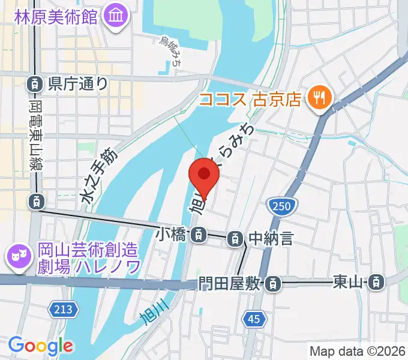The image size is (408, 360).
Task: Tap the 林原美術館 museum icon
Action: click(x=115, y=16)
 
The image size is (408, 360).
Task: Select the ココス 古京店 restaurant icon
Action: click(x=319, y=98)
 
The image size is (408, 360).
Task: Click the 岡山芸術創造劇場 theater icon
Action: click(x=16, y=257)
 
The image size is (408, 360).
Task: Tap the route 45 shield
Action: click(x=254, y=320)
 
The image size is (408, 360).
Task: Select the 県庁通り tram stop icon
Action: click(x=35, y=83)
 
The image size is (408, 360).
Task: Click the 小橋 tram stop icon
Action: click(x=196, y=236)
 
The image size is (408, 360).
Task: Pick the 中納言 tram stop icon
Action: click(x=236, y=239)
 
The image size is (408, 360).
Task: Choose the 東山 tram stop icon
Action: click(x=376, y=280)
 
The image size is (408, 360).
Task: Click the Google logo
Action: click(x=41, y=346)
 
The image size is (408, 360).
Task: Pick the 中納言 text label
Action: click(x=271, y=239)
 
